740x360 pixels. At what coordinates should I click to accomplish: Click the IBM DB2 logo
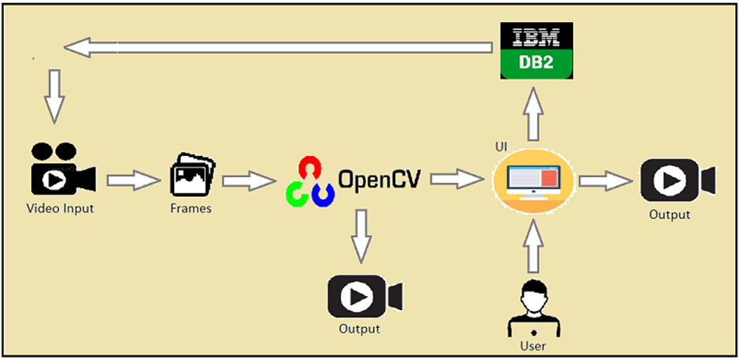point(538,50)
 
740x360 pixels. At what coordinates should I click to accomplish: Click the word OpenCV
point(379,179)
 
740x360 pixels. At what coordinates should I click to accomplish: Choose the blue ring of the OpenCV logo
point(321,192)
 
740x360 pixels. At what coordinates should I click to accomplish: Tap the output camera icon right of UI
point(676,180)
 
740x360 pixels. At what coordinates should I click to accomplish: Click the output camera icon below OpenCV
point(363,296)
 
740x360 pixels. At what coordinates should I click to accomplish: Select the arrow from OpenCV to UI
point(456,180)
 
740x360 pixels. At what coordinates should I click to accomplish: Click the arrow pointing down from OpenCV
point(362,236)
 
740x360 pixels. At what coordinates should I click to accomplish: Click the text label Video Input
point(60,209)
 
